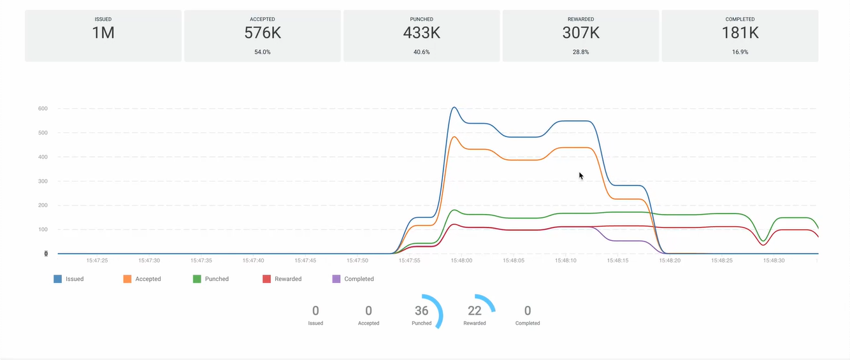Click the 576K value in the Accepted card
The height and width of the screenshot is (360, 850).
click(262, 33)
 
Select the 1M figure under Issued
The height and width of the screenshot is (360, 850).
click(103, 33)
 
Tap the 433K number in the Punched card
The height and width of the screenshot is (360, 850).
click(421, 33)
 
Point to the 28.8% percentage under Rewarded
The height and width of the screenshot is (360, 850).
click(580, 52)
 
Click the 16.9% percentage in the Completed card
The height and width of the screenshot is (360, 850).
click(740, 52)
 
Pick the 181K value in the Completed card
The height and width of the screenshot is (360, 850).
click(740, 33)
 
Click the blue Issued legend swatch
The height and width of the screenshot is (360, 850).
click(58, 279)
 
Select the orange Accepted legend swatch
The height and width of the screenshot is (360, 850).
click(127, 279)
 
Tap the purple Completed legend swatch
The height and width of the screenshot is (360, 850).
click(336, 279)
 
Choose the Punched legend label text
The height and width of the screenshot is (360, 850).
click(217, 279)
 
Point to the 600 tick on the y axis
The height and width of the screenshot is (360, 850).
click(43, 109)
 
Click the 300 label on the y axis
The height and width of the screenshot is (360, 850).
click(43, 182)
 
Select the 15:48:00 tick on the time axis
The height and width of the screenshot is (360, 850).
click(461, 261)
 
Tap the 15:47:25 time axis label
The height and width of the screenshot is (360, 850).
click(97, 261)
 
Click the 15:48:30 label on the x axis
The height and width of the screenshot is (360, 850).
click(774, 261)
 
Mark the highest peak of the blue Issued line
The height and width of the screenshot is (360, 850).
click(454, 108)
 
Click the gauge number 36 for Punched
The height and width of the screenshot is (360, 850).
click(421, 311)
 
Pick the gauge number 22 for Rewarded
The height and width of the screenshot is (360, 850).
click(474, 311)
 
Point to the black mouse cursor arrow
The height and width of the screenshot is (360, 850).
click(580, 175)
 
